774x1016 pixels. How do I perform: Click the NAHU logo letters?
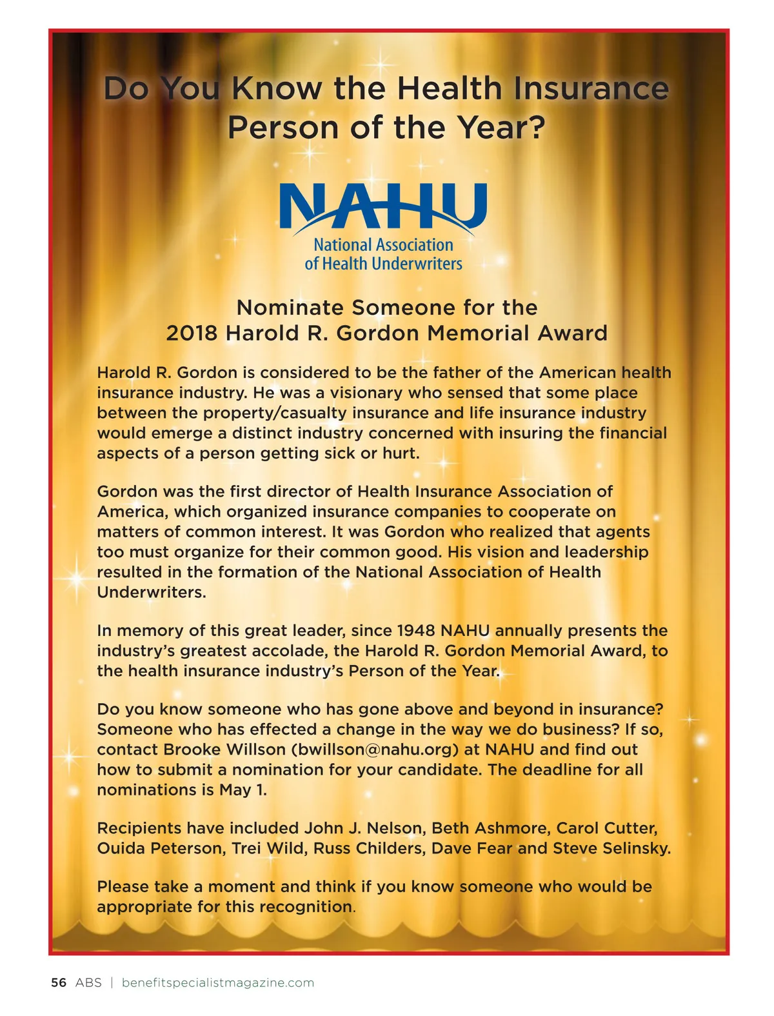point(383,206)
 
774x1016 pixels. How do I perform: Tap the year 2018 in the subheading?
point(192,333)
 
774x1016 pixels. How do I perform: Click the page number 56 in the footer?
point(59,982)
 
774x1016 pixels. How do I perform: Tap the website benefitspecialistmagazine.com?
point(218,982)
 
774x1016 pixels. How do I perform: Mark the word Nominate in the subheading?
point(281,307)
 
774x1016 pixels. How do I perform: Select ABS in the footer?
point(88,982)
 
